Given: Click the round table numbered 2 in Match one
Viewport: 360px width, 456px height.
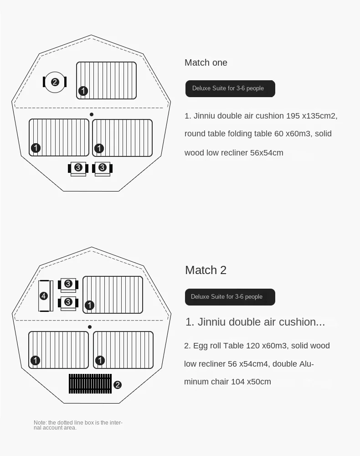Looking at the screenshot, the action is pos(55,82).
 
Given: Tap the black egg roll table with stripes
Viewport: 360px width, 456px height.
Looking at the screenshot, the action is pos(90,383).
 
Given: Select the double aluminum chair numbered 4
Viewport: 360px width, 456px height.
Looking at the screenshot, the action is pos(46,296).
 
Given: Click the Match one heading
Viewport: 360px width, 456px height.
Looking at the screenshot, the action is pos(206,62).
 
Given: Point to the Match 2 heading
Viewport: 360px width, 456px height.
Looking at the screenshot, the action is pos(206,270).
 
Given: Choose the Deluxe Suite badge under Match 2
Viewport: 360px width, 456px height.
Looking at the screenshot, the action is pos(230,297).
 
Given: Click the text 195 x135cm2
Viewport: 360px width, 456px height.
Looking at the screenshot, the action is pos(312,116).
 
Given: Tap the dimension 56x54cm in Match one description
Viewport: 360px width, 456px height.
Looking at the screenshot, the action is pos(267,153).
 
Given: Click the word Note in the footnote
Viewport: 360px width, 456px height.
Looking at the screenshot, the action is pos(40,423).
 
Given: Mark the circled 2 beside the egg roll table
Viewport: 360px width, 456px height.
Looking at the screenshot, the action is pos(118,385).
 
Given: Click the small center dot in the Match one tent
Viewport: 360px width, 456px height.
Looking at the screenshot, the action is pos(92,114).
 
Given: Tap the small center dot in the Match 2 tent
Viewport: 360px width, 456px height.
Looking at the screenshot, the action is pos(90,327).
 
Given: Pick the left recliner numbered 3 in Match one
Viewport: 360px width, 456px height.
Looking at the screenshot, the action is pos(78,168).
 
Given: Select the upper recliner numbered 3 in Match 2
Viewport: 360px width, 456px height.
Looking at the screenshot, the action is pos(68,285).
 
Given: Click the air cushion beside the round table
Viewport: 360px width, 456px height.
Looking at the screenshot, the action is pos(106,81).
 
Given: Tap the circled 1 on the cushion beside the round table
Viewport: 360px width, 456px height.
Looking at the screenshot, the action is pos(83,91).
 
